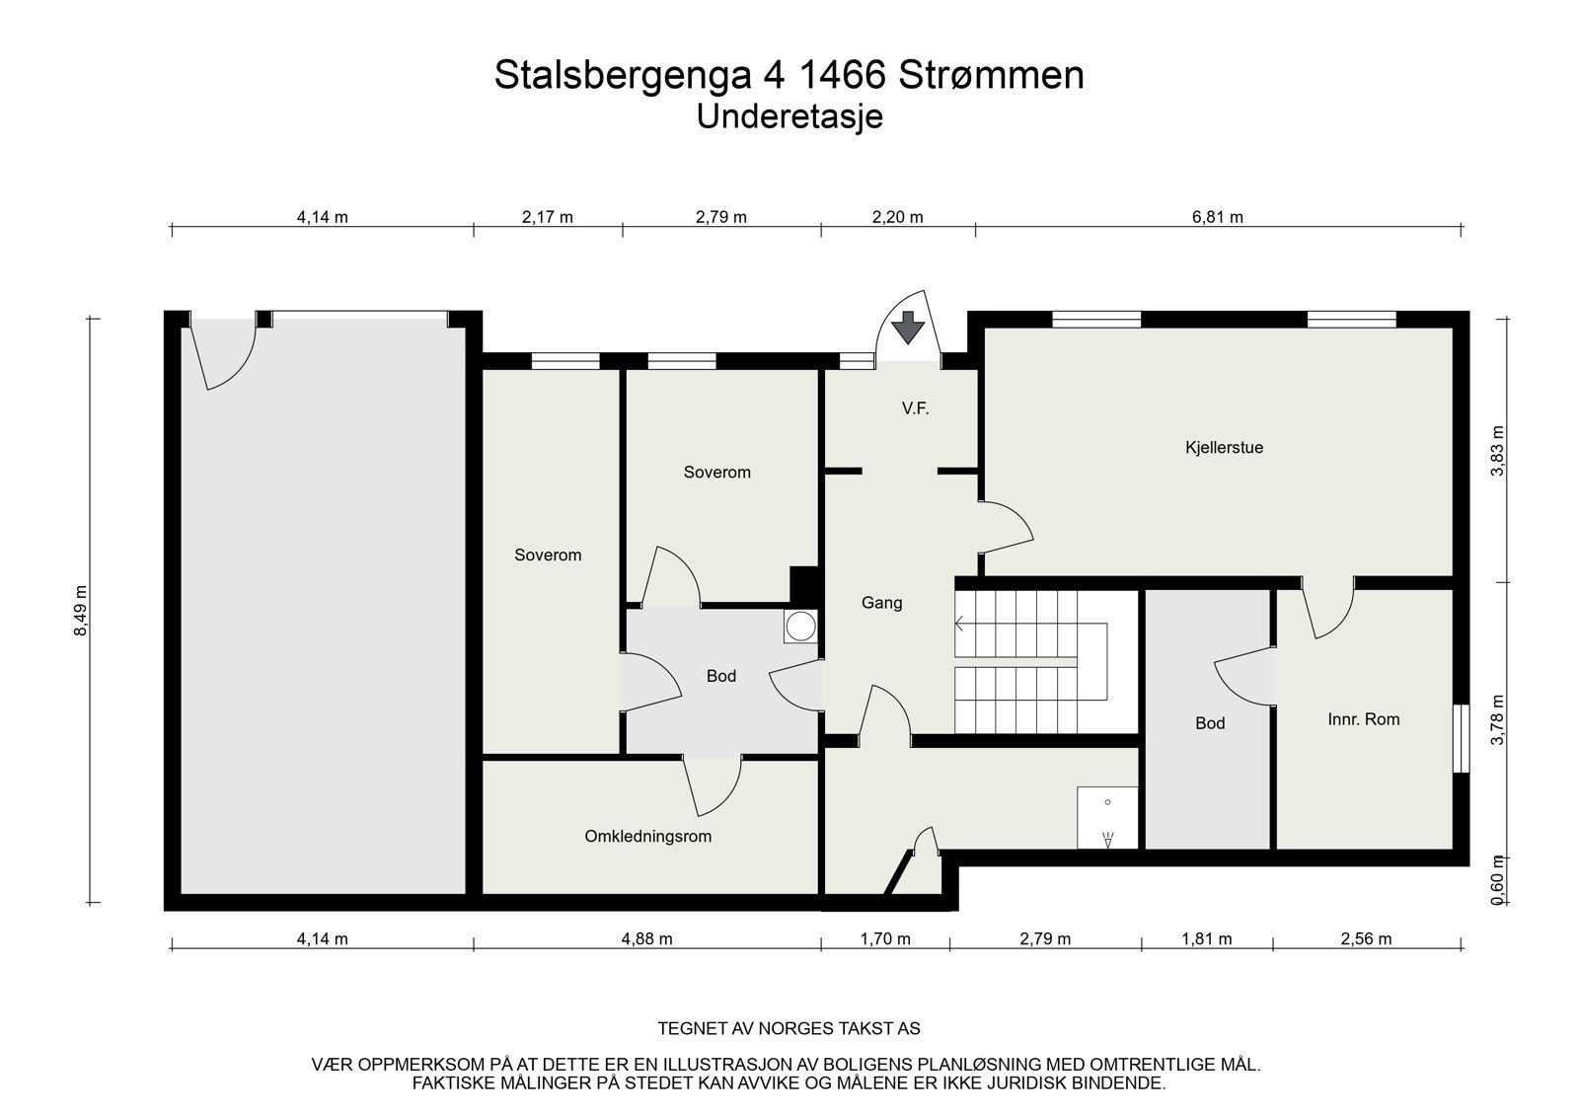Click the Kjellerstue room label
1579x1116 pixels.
click(x=1224, y=447)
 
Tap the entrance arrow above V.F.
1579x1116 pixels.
click(x=906, y=327)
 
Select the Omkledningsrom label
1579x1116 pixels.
click(x=647, y=836)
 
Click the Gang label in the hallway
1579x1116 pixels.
click(x=881, y=602)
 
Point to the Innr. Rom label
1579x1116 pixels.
click(x=1363, y=719)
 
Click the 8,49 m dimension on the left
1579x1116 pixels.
click(x=81, y=611)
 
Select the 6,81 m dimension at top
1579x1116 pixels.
click(x=1218, y=217)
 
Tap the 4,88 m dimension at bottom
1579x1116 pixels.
click(x=646, y=938)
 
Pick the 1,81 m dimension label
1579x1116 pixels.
click(x=1206, y=938)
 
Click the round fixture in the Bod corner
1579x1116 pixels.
click(x=800, y=626)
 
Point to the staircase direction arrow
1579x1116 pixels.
click(x=960, y=623)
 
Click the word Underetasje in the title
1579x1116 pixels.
click(x=789, y=116)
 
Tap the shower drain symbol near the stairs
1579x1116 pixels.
click(x=1107, y=840)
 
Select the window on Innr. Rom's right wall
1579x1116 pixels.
click(x=1461, y=738)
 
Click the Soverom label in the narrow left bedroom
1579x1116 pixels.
click(x=548, y=555)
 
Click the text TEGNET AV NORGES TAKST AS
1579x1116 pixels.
click(x=789, y=1028)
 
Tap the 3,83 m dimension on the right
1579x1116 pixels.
click(x=1498, y=450)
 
